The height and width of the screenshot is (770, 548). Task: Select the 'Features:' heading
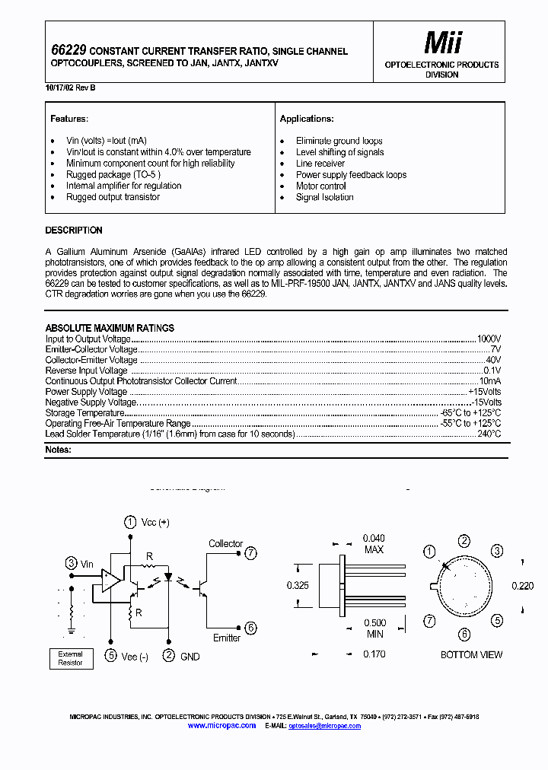(69, 119)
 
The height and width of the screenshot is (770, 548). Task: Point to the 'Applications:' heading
(307, 119)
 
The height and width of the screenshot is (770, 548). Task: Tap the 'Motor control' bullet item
(320, 186)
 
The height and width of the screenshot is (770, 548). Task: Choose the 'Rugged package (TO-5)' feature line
(113, 174)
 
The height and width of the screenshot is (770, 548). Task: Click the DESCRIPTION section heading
(74, 231)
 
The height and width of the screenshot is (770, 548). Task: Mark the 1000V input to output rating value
(489, 339)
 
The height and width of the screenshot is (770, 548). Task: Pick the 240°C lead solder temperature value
(489, 434)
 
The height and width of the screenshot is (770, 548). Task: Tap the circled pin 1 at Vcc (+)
(131, 522)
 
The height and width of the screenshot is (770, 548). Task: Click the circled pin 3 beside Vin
(71, 564)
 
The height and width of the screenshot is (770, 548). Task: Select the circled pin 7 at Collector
(251, 553)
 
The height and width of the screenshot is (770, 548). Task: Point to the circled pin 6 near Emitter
(251, 628)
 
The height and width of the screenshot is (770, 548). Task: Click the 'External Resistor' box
(71, 658)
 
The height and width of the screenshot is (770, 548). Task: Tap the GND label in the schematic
(190, 657)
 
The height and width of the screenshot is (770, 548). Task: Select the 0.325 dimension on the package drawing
(298, 585)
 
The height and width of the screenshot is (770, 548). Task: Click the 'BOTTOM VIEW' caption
(471, 654)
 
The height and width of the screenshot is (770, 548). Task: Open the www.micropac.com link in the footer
(221, 726)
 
